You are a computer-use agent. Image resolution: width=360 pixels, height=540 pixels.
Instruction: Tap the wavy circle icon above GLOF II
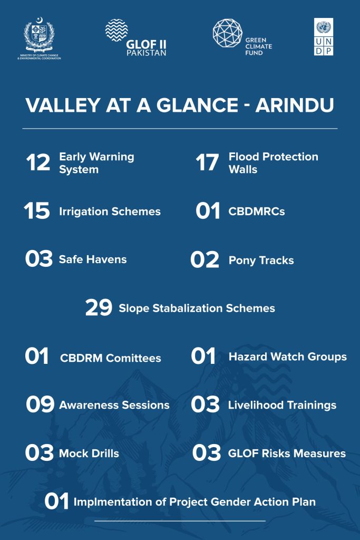(116, 30)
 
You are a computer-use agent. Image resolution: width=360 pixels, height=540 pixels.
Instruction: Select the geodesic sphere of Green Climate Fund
(228, 33)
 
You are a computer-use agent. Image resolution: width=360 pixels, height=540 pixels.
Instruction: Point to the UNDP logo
(324, 37)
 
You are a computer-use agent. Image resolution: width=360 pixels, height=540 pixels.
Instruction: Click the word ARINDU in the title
(295, 105)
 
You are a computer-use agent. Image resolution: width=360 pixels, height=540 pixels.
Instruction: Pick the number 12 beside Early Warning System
(38, 162)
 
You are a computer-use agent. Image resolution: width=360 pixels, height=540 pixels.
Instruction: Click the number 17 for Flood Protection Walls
(207, 162)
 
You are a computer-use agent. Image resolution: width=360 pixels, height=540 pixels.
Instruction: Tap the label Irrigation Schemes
(110, 211)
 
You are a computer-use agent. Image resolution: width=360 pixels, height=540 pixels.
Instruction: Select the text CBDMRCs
(257, 211)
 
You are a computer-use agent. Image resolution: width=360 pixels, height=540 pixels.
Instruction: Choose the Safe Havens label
(93, 259)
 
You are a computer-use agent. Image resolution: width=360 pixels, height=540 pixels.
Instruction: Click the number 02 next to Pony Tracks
(205, 259)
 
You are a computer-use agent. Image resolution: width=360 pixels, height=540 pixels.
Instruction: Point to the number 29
(99, 307)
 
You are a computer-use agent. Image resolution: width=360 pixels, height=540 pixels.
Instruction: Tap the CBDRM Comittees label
(111, 358)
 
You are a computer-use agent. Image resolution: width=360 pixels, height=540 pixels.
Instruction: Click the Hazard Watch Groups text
(288, 357)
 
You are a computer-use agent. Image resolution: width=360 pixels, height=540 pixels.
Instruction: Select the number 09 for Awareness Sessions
(40, 404)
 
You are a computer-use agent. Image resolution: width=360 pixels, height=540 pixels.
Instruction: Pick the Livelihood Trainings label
(282, 406)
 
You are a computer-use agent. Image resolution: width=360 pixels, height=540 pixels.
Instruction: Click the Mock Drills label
(89, 453)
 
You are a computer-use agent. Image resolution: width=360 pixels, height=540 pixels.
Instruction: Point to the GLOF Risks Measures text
(287, 453)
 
